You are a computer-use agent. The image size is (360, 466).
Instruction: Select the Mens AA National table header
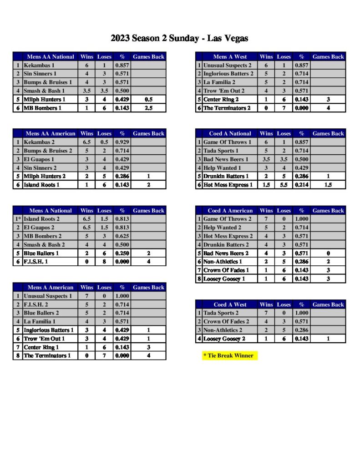tap(50, 57)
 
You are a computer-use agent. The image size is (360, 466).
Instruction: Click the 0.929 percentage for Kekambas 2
tap(122, 142)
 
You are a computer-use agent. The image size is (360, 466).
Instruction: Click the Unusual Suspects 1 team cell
tap(47, 296)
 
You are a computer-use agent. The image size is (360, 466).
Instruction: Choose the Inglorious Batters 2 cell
tap(228, 74)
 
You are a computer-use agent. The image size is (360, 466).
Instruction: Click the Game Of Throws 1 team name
tap(227, 142)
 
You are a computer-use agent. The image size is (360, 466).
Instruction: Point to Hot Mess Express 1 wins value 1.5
tap(266, 185)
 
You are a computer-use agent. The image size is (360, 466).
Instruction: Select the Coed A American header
tap(230, 211)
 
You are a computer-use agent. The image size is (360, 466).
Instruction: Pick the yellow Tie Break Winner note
tap(230, 355)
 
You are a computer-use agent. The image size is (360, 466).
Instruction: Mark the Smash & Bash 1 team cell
tap(44, 91)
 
